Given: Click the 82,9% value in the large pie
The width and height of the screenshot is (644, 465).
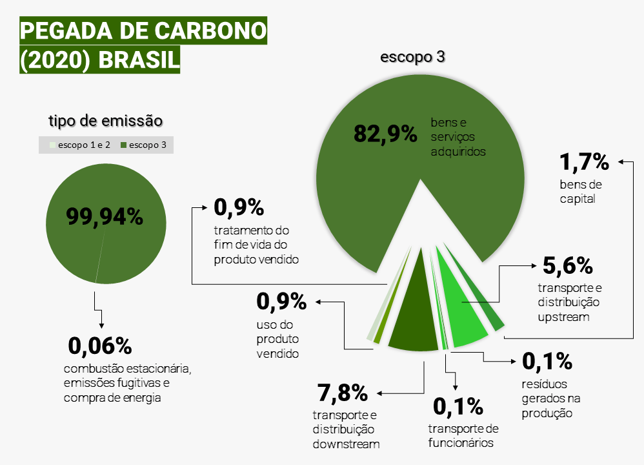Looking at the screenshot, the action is pos(385,134).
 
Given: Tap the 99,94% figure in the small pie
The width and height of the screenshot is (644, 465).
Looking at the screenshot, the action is pos(105,216).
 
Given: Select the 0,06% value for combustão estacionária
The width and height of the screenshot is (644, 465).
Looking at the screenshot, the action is pos(100,346).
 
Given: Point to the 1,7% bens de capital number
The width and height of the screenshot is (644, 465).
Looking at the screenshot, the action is pos(585,161).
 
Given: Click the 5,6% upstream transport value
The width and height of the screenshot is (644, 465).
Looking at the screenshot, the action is pos(568,265).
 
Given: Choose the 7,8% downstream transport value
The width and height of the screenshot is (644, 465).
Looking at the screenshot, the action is pos(343,393).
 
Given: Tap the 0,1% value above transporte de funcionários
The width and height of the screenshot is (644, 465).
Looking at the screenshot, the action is pos(458,406).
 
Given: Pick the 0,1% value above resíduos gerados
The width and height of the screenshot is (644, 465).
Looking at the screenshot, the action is pos(547,362).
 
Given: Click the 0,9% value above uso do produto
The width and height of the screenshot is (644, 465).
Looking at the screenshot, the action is pos(281,302).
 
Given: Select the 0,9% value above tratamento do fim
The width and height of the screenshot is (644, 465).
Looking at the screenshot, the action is pos(239,207).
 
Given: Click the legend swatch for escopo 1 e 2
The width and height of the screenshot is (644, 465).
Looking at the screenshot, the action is pos(52,145).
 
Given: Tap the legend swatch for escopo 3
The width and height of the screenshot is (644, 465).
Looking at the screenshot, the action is pos(123,145).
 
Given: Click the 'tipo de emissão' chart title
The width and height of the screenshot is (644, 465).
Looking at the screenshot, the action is pos(106,121).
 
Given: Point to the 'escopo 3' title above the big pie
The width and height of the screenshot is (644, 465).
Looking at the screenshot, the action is pos(412,57).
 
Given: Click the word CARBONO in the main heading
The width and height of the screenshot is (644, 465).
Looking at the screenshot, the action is pos(211,31).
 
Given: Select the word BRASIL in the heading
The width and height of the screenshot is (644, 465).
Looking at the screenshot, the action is pos(139,59).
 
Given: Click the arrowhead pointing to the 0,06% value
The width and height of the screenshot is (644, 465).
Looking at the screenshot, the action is pos(101,325).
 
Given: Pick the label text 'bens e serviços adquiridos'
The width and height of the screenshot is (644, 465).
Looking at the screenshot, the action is pos(458,137).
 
